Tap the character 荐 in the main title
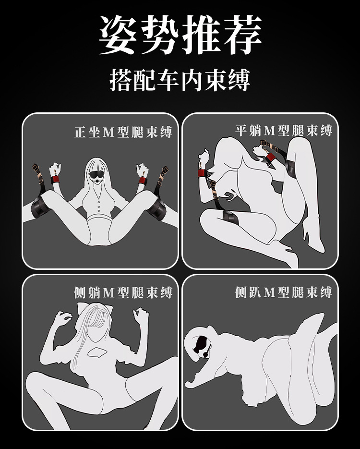coord(243,35)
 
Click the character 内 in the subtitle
coord(192,80)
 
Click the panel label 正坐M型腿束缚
coord(124,132)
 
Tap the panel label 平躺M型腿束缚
coord(284,131)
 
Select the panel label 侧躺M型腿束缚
coord(123,292)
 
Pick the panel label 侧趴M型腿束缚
coord(284,292)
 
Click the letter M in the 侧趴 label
coord(269,292)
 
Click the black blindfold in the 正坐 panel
coord(96,174)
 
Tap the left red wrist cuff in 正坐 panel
coord(55,179)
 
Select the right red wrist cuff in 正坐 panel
coord(143,181)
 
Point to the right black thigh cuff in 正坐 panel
coord(156,208)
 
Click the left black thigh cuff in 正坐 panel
coord(40,207)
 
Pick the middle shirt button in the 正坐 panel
coord(99,207)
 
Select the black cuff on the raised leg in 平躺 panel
coord(291,168)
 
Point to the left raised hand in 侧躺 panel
coord(62,318)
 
